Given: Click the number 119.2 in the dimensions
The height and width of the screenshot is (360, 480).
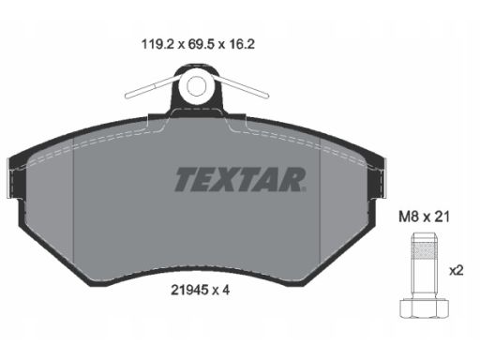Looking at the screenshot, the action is pyautogui.click(x=157, y=44).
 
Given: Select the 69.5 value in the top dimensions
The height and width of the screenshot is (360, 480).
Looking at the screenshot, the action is pyautogui.click(x=201, y=44).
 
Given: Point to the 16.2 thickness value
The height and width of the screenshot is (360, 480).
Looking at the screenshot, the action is pyautogui.click(x=242, y=44).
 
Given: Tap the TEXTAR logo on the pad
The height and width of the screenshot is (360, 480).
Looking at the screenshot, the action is pyautogui.click(x=240, y=180).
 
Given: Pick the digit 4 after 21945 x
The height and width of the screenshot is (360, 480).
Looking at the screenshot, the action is pyautogui.click(x=226, y=291).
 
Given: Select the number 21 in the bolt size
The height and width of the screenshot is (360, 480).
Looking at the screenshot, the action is pyautogui.click(x=442, y=217).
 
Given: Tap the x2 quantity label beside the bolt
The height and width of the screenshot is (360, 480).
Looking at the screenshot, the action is pyautogui.click(x=457, y=271).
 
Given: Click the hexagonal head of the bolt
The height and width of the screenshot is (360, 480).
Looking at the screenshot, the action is pyautogui.click(x=425, y=308).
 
